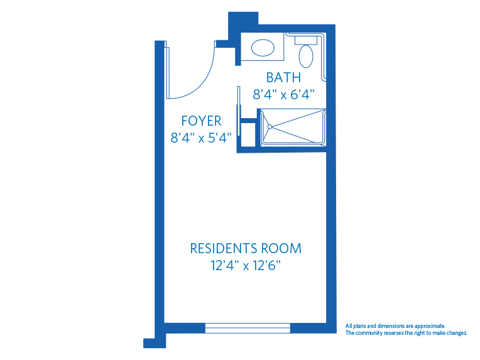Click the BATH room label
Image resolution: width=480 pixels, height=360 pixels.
(x=283, y=78)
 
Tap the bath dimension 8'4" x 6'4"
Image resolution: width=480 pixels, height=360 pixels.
(x=283, y=94)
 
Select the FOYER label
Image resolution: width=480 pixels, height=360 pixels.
(x=201, y=121)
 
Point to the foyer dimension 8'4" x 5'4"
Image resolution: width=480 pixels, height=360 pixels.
(x=201, y=137)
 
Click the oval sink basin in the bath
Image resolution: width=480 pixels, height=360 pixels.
(x=263, y=47)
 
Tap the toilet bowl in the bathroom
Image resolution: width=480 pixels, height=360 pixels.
(x=306, y=57)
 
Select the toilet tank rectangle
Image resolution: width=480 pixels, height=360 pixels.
(x=307, y=39)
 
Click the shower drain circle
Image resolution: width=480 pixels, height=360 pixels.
(x=270, y=126)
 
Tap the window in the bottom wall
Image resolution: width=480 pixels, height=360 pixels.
(x=248, y=327)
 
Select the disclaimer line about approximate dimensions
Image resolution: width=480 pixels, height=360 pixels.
(x=395, y=326)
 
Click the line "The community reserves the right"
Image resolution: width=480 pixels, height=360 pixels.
(x=406, y=333)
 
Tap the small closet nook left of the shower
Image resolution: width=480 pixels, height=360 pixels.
(x=248, y=134)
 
